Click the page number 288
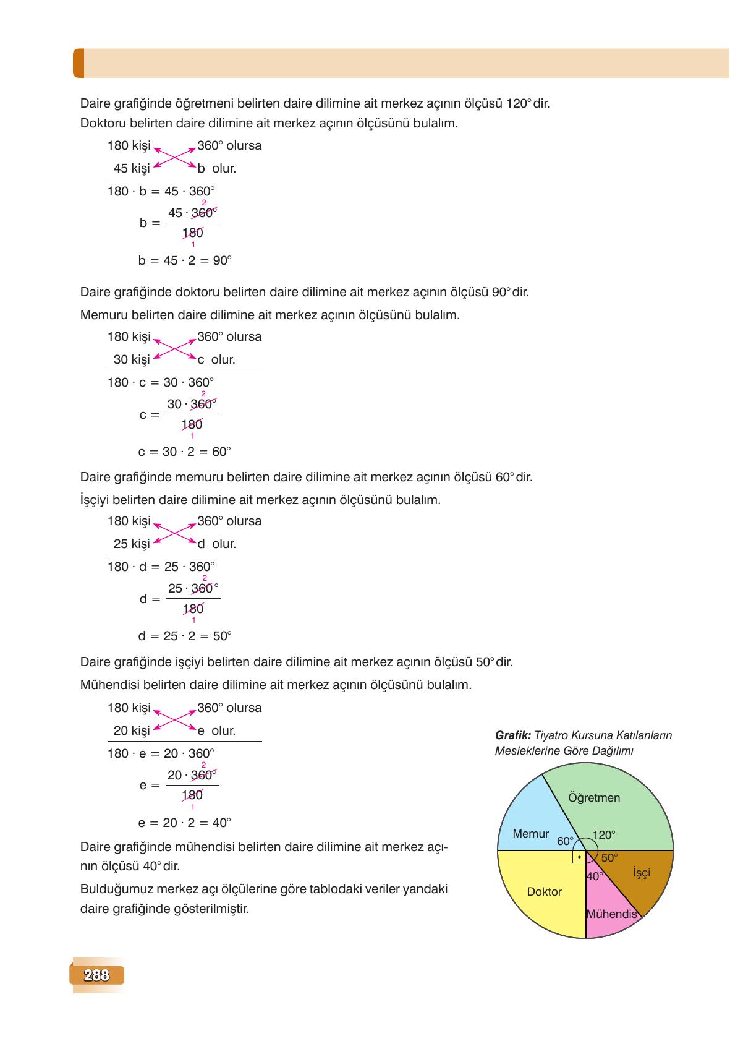point(96,975)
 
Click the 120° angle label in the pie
point(604,835)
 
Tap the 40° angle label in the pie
point(595,876)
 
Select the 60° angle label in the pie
point(565,841)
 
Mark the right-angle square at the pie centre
point(579,857)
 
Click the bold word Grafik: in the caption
point(513,735)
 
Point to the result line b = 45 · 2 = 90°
point(185,260)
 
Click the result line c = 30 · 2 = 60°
point(184,452)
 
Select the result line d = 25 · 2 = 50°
point(185,636)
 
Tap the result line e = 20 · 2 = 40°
point(184,823)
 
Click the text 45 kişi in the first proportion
point(132,168)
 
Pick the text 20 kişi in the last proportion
point(132,730)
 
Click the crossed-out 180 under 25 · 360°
point(193,609)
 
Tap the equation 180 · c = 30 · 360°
point(161,382)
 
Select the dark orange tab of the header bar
point(79,63)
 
